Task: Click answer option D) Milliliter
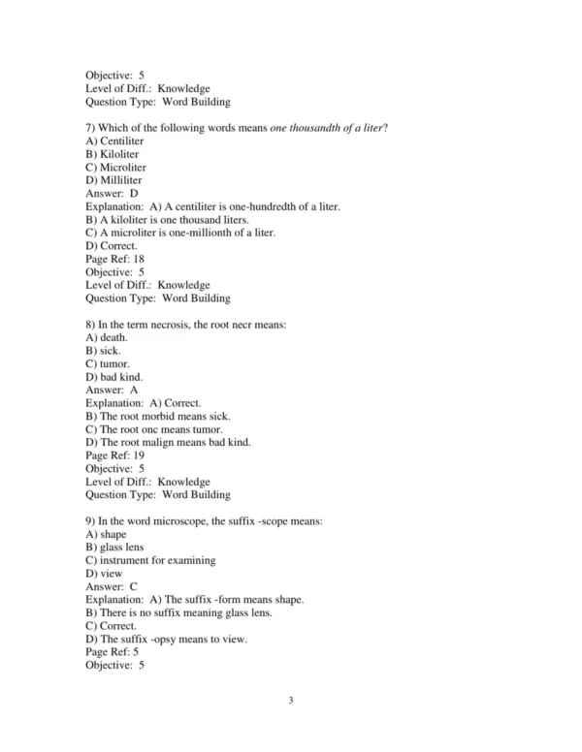[x=113, y=180]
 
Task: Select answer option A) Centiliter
[x=114, y=141]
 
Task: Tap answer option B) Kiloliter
[x=112, y=154]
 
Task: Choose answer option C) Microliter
[x=115, y=168]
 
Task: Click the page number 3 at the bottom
[x=291, y=700]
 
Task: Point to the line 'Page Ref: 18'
[x=114, y=259]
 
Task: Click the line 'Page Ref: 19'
[x=114, y=454]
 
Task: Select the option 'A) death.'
[x=107, y=337]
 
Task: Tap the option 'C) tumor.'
[x=107, y=363]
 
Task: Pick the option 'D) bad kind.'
[x=113, y=376]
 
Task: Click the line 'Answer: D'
[x=112, y=194]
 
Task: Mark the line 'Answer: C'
[x=112, y=586]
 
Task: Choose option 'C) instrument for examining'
[x=150, y=560]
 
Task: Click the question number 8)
[x=91, y=325]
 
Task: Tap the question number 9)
[x=91, y=520]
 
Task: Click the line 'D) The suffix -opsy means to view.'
[x=166, y=639]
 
